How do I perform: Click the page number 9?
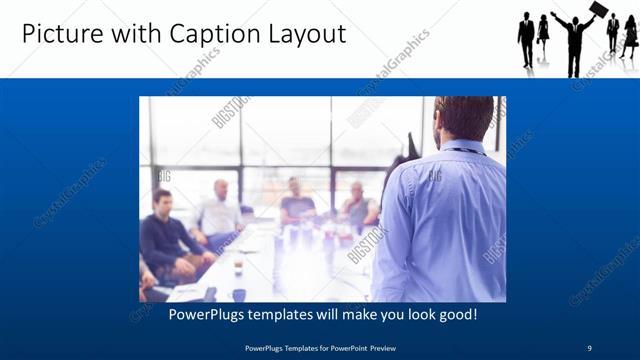589,347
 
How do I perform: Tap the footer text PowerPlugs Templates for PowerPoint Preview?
319,347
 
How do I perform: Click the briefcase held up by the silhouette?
598,10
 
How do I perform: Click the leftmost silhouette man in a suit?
526,40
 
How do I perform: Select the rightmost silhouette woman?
629,37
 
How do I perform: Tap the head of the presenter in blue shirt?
463,118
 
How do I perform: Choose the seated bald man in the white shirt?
219,213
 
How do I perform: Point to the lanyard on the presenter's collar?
460,150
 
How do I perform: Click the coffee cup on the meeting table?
237,267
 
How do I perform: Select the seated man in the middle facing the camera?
297,204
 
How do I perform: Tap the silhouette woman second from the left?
543,34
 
